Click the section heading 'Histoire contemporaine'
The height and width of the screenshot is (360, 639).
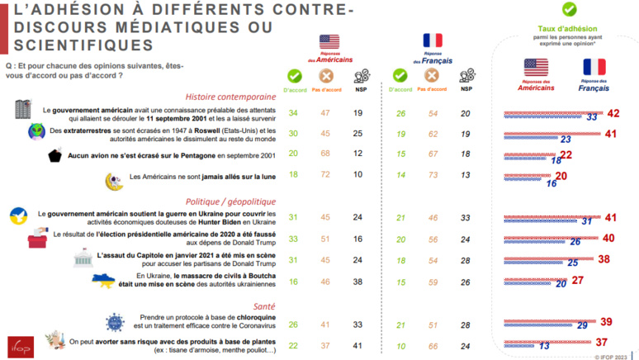230,95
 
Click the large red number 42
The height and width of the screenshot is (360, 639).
612,113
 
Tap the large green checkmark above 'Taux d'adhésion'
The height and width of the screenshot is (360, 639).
568,10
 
